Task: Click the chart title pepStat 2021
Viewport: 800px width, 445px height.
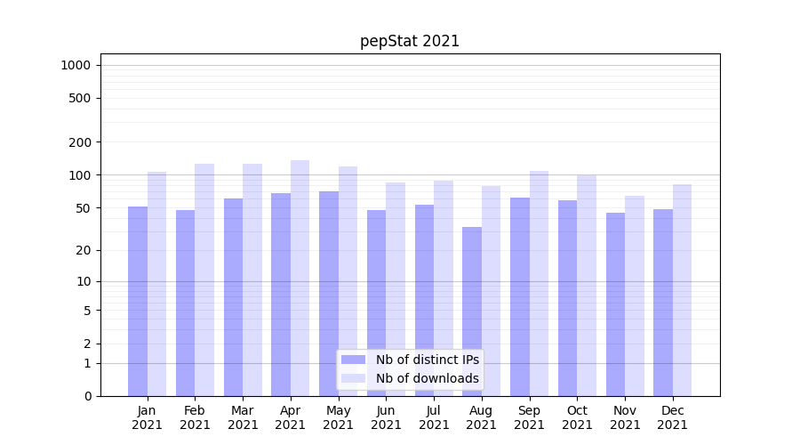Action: click(x=410, y=41)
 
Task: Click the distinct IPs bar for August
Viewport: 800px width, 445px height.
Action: click(x=472, y=311)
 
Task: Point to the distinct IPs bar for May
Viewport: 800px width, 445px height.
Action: click(x=329, y=294)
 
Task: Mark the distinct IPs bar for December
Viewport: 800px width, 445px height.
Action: click(x=663, y=303)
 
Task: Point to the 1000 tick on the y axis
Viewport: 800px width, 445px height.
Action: click(x=76, y=65)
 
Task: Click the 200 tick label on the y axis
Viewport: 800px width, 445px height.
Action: click(x=80, y=142)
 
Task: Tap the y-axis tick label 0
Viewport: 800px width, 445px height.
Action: click(x=87, y=396)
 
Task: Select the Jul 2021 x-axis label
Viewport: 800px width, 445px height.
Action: click(x=434, y=417)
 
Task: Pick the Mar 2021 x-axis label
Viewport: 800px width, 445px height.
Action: click(x=243, y=417)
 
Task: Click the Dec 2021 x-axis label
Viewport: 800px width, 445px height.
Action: click(x=672, y=417)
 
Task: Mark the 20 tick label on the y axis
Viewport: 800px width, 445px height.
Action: click(x=84, y=250)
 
